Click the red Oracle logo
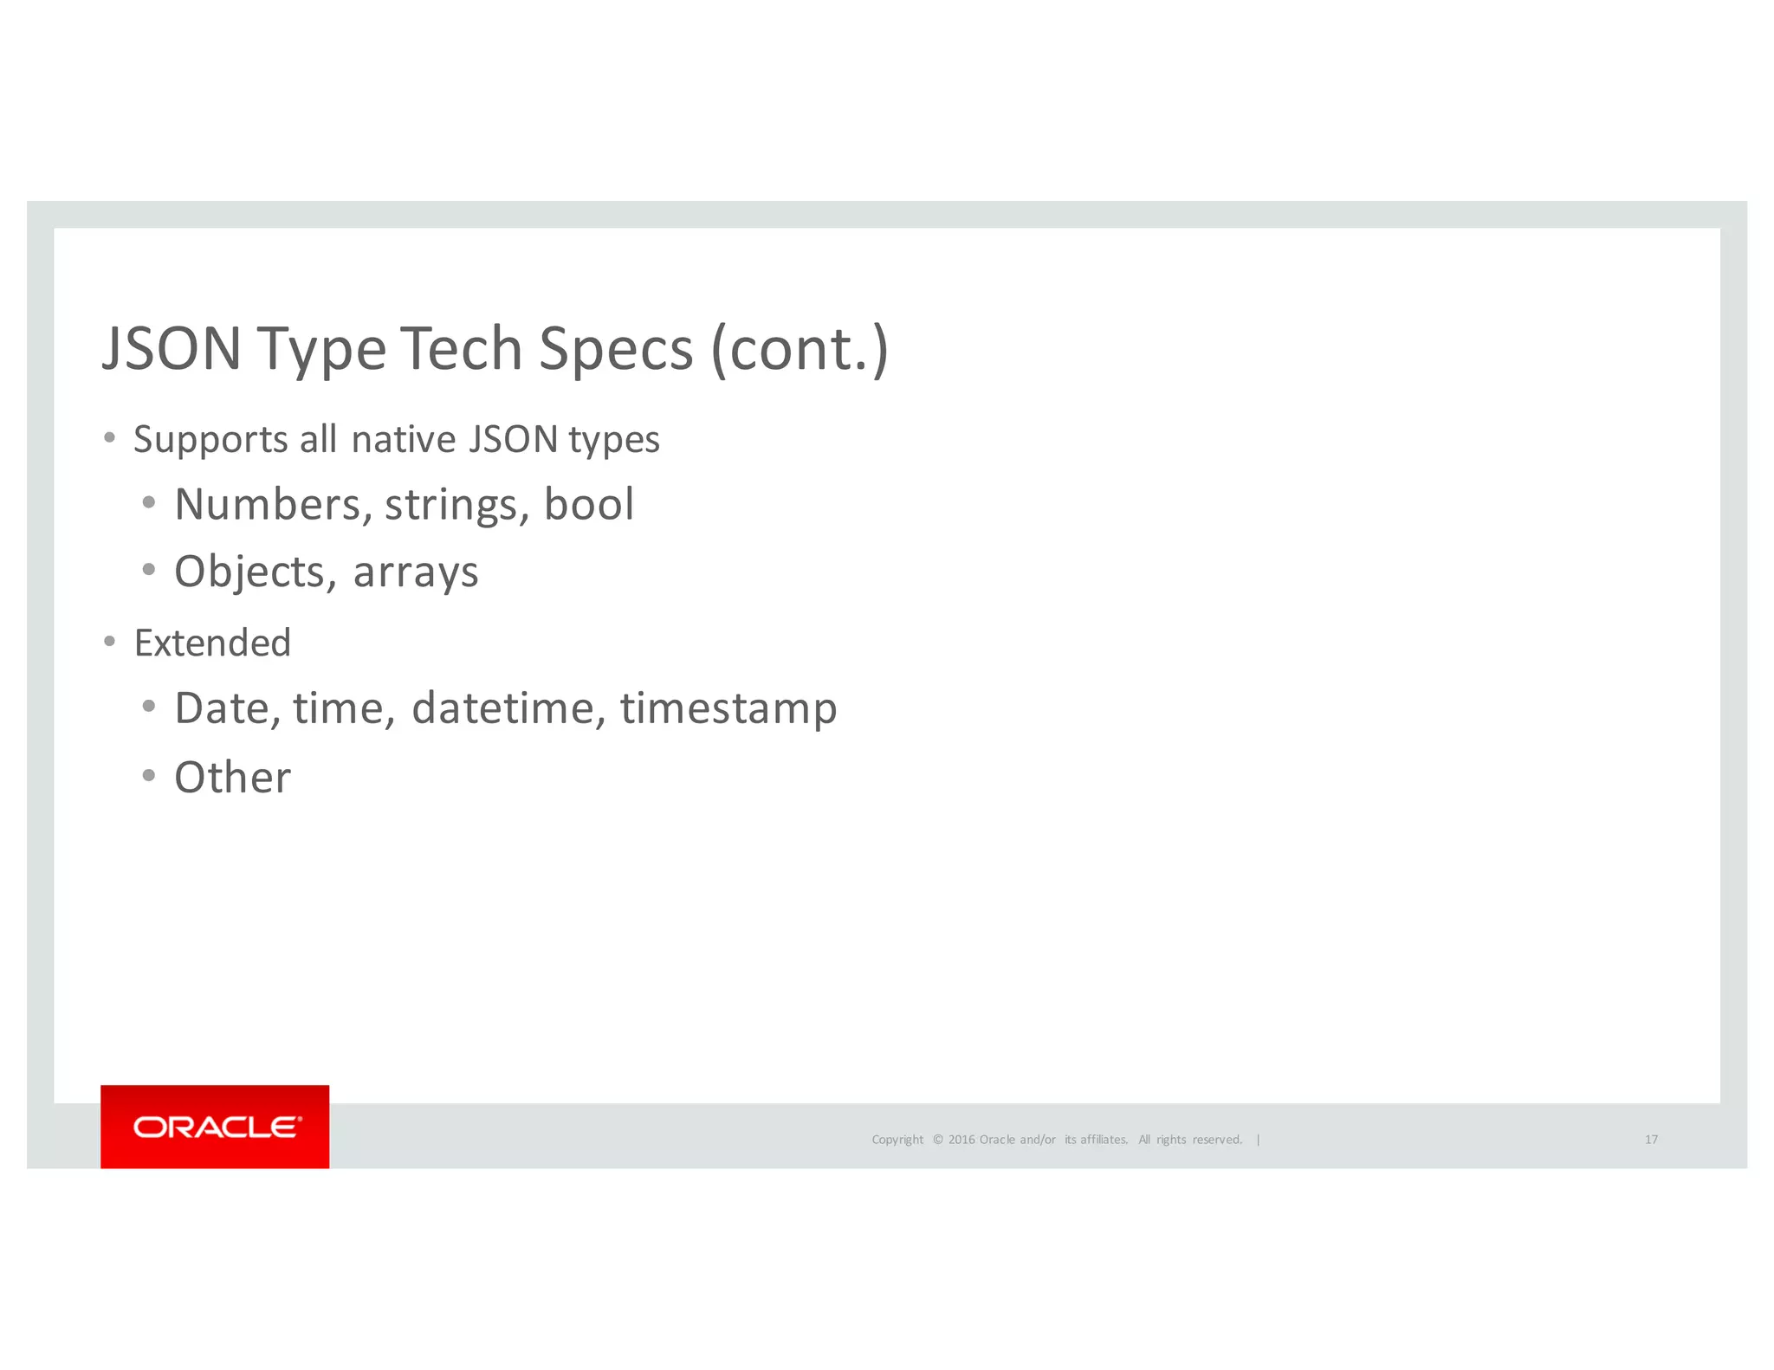point(215,1127)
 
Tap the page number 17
point(1651,1140)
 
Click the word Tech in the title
point(460,349)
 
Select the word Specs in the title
point(616,351)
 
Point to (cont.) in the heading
point(800,349)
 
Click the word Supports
point(210,440)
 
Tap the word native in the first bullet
point(404,440)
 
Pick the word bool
point(589,505)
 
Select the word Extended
point(212,643)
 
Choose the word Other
point(232,778)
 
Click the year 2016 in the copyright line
point(961,1140)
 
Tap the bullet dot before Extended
point(109,642)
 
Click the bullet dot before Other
point(149,776)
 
